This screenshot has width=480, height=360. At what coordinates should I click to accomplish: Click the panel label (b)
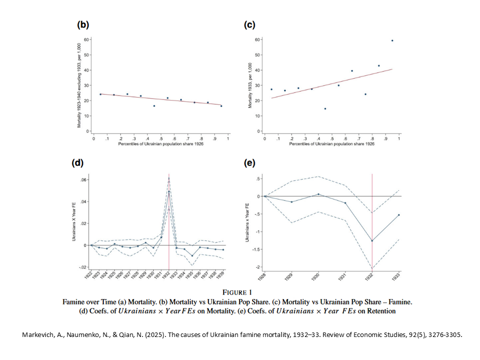tap(83, 24)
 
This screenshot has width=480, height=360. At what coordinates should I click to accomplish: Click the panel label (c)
tap(250, 24)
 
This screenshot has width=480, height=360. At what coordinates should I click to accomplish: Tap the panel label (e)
tap(250, 162)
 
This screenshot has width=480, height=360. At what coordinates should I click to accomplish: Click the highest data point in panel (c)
tap(392, 40)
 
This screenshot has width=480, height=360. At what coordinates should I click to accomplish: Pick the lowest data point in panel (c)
tap(325, 108)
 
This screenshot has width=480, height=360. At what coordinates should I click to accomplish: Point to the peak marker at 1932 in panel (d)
tap(169, 191)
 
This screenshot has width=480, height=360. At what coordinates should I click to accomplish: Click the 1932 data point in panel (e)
tap(372, 240)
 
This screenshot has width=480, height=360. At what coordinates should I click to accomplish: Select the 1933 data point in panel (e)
tap(399, 215)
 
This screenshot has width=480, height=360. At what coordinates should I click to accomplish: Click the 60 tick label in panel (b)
tap(86, 39)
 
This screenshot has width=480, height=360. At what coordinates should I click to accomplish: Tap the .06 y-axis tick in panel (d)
tap(84, 180)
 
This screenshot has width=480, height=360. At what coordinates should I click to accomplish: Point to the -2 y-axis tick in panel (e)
tap(256, 267)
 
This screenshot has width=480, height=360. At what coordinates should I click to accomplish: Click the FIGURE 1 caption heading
tap(237, 292)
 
